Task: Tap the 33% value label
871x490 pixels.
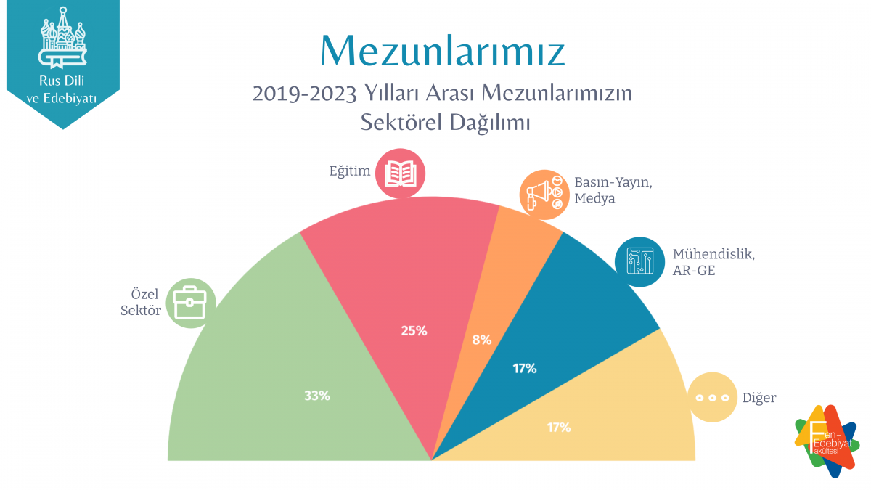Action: click(317, 396)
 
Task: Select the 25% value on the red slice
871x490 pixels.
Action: click(414, 331)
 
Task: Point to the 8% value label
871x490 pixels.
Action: click(482, 339)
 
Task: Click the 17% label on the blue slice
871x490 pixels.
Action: click(524, 368)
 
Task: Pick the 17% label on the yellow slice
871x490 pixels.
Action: click(558, 427)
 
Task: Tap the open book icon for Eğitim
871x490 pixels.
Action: click(401, 173)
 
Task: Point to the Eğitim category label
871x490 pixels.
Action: click(350, 172)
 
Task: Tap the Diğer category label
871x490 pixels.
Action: click(759, 398)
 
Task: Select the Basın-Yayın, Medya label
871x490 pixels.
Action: click(613, 189)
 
